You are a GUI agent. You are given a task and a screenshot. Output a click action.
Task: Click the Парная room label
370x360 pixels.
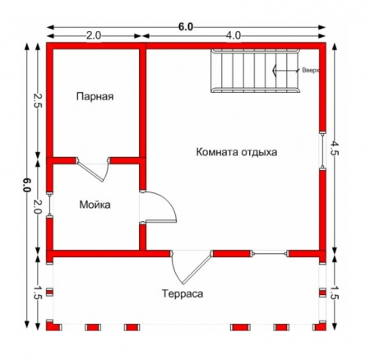[x=95, y=97]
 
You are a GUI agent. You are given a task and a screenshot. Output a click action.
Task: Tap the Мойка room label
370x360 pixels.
[x=95, y=204]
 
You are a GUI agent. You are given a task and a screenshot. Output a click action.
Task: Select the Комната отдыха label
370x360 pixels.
[x=237, y=152]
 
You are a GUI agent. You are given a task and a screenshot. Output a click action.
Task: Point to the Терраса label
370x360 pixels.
[x=182, y=293]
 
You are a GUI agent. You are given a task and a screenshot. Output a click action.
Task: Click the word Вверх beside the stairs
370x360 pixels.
[x=309, y=72]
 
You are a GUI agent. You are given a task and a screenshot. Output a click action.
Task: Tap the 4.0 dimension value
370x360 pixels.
[x=234, y=36]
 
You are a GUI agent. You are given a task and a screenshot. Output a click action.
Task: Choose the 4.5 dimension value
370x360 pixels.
[x=334, y=149]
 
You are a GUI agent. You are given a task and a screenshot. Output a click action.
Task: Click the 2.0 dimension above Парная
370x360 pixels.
[x=93, y=36]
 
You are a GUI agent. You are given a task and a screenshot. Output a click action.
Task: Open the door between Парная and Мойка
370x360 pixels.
[x=93, y=167]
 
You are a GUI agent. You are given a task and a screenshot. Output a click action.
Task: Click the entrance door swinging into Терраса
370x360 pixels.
[x=188, y=267]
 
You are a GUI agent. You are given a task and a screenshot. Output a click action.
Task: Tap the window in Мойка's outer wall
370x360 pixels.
[x=50, y=205]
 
